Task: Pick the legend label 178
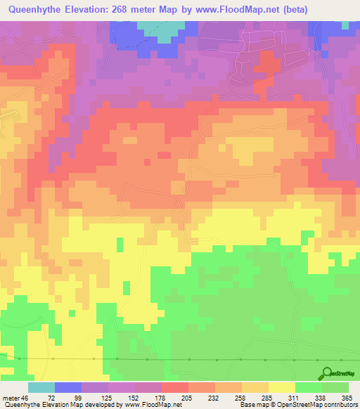(160, 398)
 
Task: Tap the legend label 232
(214, 398)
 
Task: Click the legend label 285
(267, 398)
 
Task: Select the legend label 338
(321, 398)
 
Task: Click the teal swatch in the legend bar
(41, 387)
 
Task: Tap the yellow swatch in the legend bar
(281, 387)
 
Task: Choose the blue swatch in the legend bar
(68, 387)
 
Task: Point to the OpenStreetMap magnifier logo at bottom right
(325, 374)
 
